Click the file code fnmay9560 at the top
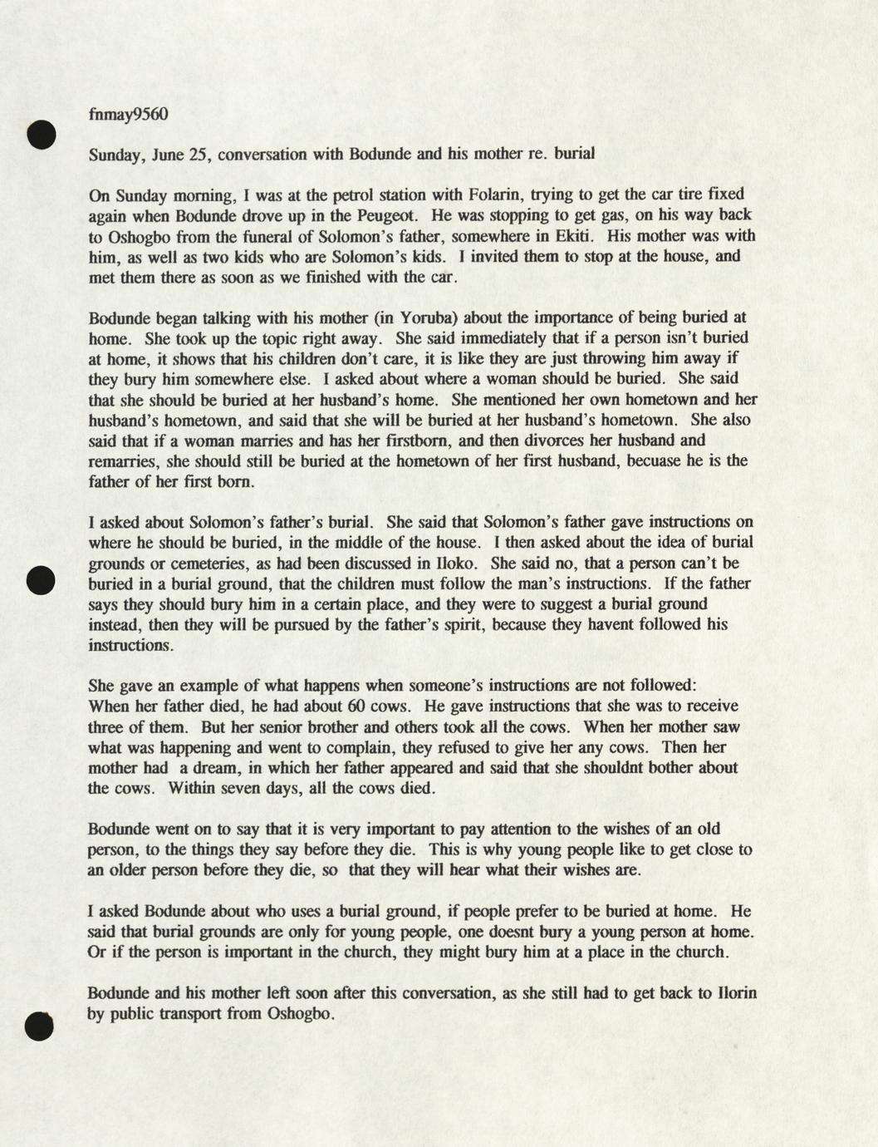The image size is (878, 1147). [128, 114]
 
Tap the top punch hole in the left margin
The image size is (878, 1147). [41, 134]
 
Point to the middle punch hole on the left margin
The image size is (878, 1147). [41, 579]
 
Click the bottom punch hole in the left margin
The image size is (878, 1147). [39, 1026]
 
